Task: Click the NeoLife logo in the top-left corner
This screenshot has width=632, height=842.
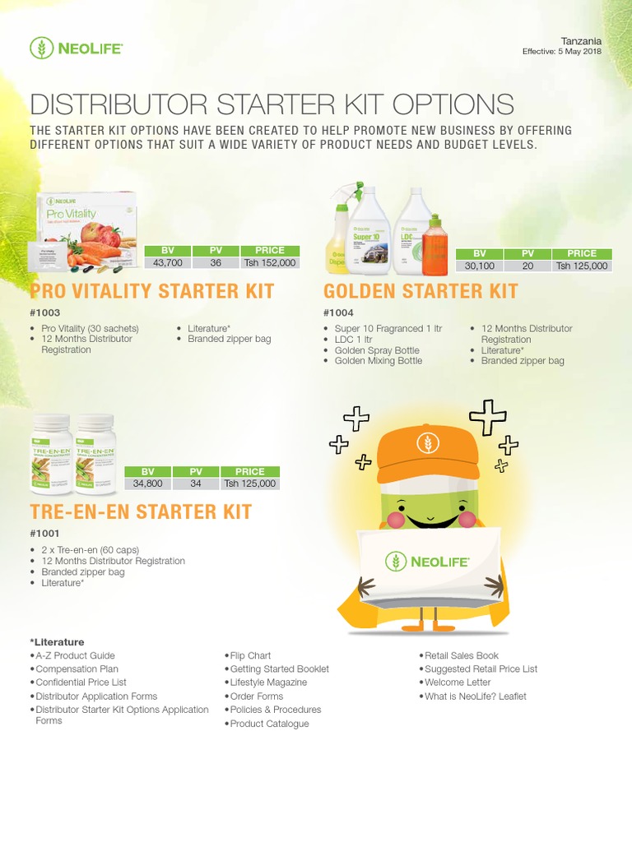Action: [76, 49]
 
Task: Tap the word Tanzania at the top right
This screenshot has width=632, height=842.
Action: [582, 40]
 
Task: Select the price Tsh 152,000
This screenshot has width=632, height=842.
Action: [270, 263]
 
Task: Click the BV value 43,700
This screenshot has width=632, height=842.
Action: [168, 263]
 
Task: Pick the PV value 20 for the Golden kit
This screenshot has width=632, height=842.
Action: [528, 266]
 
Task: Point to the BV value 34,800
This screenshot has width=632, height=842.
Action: [148, 483]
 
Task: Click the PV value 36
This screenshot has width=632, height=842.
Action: [216, 263]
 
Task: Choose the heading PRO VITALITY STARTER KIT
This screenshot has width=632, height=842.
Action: [152, 291]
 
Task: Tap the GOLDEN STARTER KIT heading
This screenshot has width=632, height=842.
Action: [421, 291]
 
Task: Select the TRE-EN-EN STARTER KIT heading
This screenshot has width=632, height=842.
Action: [141, 511]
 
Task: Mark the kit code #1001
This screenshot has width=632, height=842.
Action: [44, 534]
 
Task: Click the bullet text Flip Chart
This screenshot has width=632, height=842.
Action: [250, 655]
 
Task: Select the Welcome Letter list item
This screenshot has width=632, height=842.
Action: [458, 682]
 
